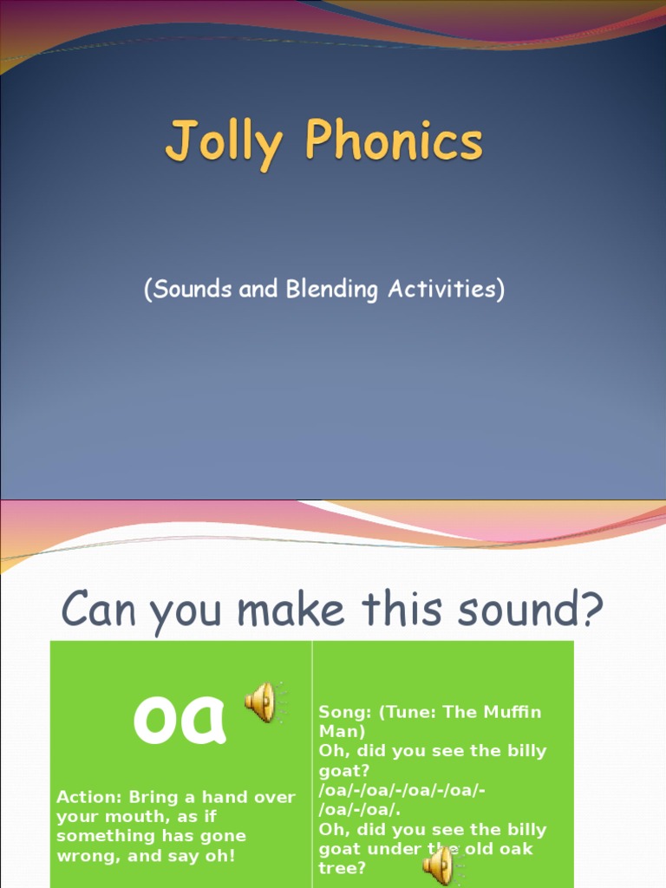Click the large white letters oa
[180, 718]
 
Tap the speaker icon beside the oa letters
[262, 702]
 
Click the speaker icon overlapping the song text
[441, 864]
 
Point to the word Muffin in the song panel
[510, 712]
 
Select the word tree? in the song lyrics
[343, 868]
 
